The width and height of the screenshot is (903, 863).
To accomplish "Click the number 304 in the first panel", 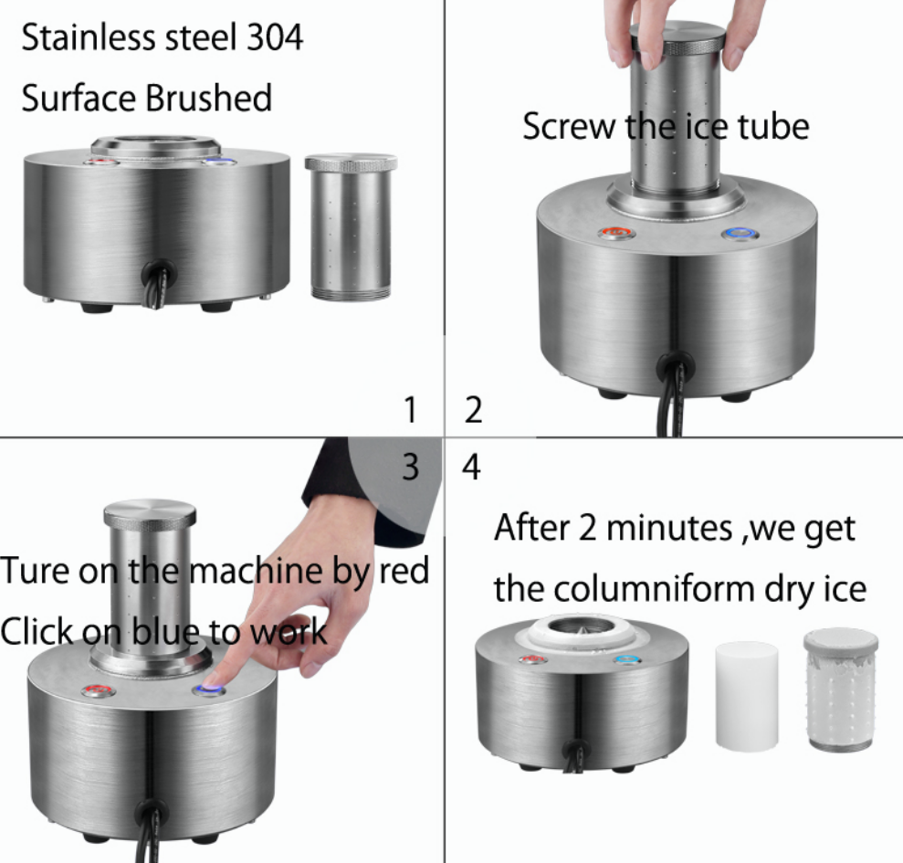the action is (274, 37).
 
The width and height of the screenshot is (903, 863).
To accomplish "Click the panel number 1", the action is (410, 410).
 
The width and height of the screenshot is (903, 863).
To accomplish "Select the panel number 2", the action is (473, 410).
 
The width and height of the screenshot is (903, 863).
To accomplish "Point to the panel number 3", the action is (410, 466).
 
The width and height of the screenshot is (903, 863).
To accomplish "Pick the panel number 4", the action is (471, 467).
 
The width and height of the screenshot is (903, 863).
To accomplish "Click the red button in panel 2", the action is (617, 233).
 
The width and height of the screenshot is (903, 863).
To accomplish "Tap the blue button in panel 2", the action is (740, 234).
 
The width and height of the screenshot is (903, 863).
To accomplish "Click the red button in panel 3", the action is (99, 689).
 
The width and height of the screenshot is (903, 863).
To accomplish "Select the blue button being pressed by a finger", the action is (208, 689).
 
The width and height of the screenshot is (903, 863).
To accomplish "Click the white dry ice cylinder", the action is (746, 696).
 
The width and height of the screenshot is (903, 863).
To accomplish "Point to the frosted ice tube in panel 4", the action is (841, 689).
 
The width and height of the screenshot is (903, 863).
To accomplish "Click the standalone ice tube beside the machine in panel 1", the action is (351, 226).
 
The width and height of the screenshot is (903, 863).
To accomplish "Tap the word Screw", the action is (569, 127).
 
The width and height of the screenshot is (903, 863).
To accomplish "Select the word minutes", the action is (668, 528).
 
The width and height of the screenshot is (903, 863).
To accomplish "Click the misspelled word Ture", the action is (36, 571).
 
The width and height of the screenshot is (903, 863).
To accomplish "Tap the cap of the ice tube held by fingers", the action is (677, 39).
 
